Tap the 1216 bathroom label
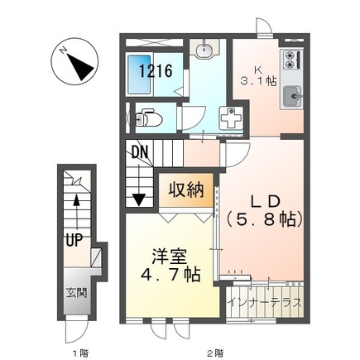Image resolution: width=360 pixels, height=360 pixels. tap(156, 72)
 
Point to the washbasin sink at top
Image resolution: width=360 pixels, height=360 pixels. tap(205, 51)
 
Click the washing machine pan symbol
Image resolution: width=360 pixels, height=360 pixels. tap(228, 118)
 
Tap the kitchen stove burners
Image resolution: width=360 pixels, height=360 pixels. tap(291, 60)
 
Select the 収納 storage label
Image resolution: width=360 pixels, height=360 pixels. tap(189, 190)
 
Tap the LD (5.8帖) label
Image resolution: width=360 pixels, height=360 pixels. tap(265, 210)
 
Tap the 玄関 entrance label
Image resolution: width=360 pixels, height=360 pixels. tap(75, 293)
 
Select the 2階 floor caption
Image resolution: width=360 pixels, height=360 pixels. tap(215, 351)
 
